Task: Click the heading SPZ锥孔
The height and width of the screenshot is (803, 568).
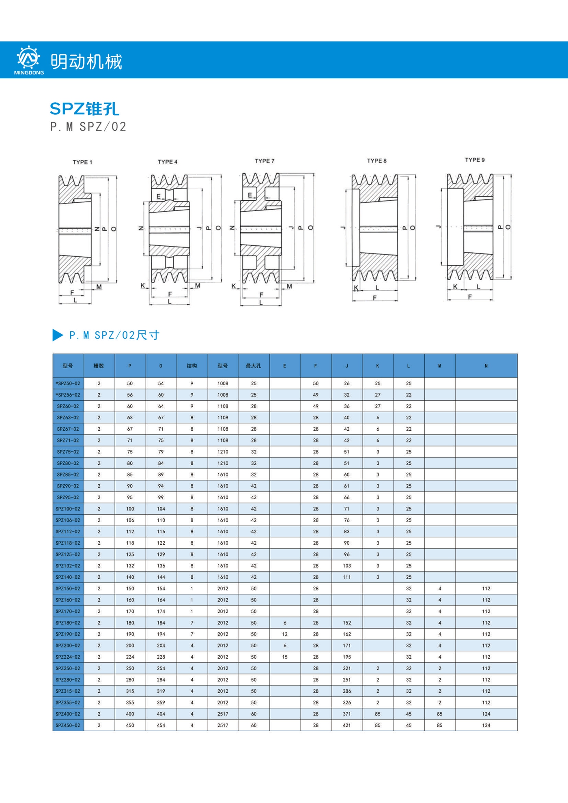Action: (84, 109)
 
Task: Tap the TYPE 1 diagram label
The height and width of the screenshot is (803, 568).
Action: (82, 162)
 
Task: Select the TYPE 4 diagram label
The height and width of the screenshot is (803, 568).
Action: (168, 162)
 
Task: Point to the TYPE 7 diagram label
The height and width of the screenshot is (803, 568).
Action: (265, 161)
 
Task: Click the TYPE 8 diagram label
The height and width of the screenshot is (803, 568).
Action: (377, 161)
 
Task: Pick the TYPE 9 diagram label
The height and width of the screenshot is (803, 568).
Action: (475, 160)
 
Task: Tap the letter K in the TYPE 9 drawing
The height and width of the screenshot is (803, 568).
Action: (455, 286)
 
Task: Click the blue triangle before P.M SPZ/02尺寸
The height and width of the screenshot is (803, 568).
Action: (58, 335)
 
